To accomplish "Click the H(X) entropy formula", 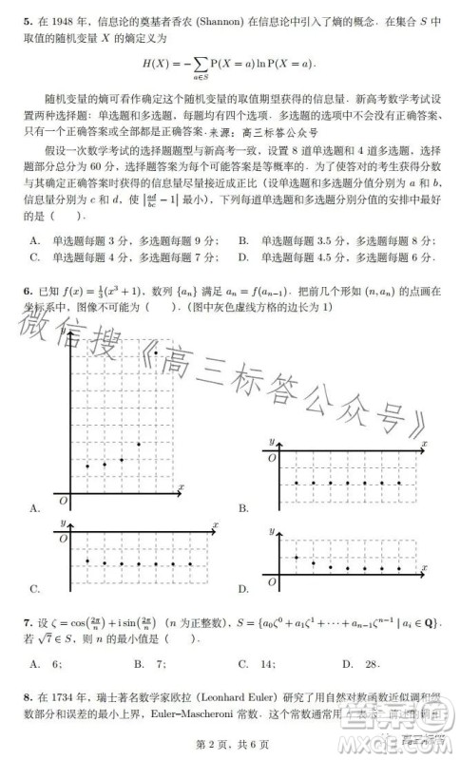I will (229, 65).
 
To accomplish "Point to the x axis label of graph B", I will (424, 444).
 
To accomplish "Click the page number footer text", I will (229, 749).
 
